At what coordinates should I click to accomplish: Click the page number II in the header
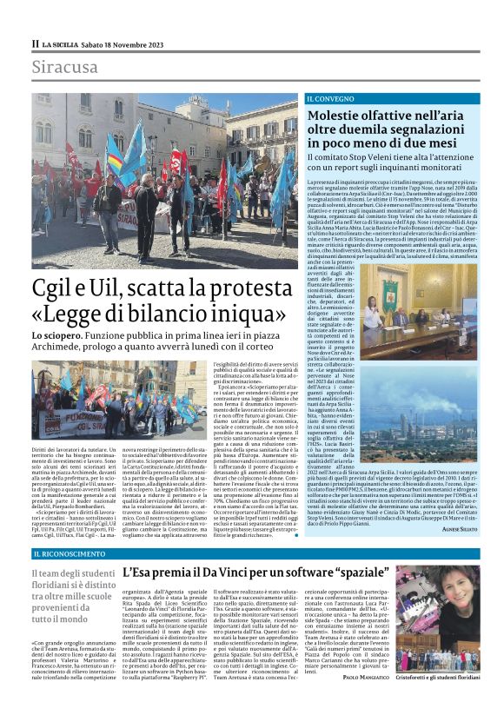tap(36, 43)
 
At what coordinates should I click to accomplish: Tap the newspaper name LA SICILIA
tap(66, 43)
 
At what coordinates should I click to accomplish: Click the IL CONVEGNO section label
tap(330, 100)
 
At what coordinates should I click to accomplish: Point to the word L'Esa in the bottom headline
tap(139, 573)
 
